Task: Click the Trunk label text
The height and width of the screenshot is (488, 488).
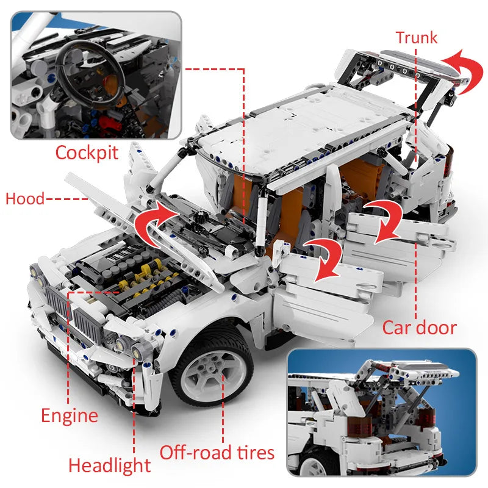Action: pyautogui.click(x=417, y=37)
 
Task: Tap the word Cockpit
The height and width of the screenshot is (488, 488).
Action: pyautogui.click(x=87, y=152)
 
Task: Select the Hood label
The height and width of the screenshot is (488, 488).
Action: pyautogui.click(x=24, y=199)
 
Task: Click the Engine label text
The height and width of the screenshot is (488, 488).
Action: pyautogui.click(x=69, y=416)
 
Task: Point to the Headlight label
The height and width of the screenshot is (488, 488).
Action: pyautogui.click(x=109, y=465)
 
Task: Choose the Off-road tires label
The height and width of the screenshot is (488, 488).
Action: pyautogui.click(x=217, y=453)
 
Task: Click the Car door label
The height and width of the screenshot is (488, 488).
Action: pyautogui.click(x=419, y=328)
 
